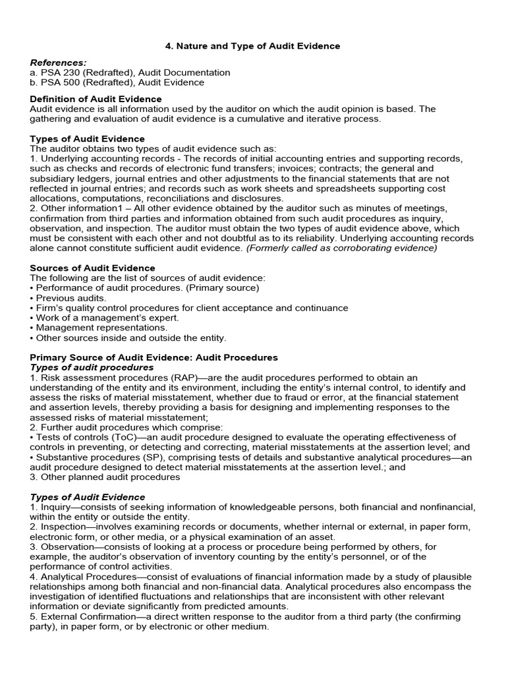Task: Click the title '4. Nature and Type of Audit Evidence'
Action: coord(252,46)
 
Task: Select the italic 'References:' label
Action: coord(59,63)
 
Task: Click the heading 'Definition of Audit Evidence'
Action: coord(96,99)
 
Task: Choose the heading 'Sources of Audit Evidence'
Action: coord(93,268)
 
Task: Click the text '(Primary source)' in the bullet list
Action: coord(223,288)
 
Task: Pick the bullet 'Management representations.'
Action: coord(101,328)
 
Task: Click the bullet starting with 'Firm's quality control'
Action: coord(192,308)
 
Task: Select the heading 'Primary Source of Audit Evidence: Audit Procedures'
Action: coord(154,357)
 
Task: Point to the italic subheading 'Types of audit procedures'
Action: coord(92,367)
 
